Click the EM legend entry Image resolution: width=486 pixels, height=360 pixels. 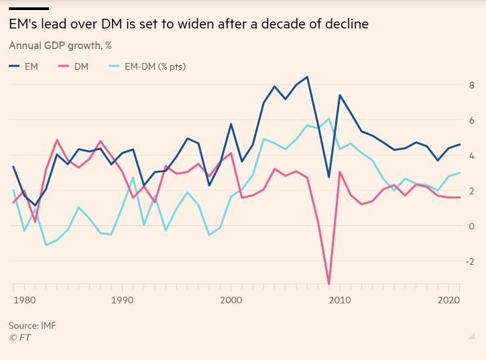click(x=26, y=66)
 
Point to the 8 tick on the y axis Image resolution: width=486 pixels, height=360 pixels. click(x=471, y=85)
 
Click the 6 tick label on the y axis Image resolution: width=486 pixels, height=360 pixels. click(x=471, y=121)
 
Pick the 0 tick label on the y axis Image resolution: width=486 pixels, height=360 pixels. click(x=471, y=226)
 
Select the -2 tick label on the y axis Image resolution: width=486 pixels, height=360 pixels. click(x=470, y=261)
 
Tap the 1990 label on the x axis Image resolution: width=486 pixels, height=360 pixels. click(x=122, y=301)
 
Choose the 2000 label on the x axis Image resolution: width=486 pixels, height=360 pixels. click(x=231, y=301)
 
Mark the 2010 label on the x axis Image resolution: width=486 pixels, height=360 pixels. click(x=340, y=301)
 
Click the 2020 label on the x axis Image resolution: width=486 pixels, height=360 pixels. click(x=448, y=301)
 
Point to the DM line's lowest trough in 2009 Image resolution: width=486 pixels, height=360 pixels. click(x=328, y=284)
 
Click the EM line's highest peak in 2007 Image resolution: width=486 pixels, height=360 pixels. click(x=307, y=77)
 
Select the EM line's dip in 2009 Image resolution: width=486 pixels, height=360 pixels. click(x=328, y=177)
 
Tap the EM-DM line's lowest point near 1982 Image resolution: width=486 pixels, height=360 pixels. click(x=46, y=245)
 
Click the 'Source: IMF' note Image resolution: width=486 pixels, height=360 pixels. click(x=33, y=325)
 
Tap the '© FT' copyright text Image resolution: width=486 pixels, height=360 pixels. click(x=21, y=337)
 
